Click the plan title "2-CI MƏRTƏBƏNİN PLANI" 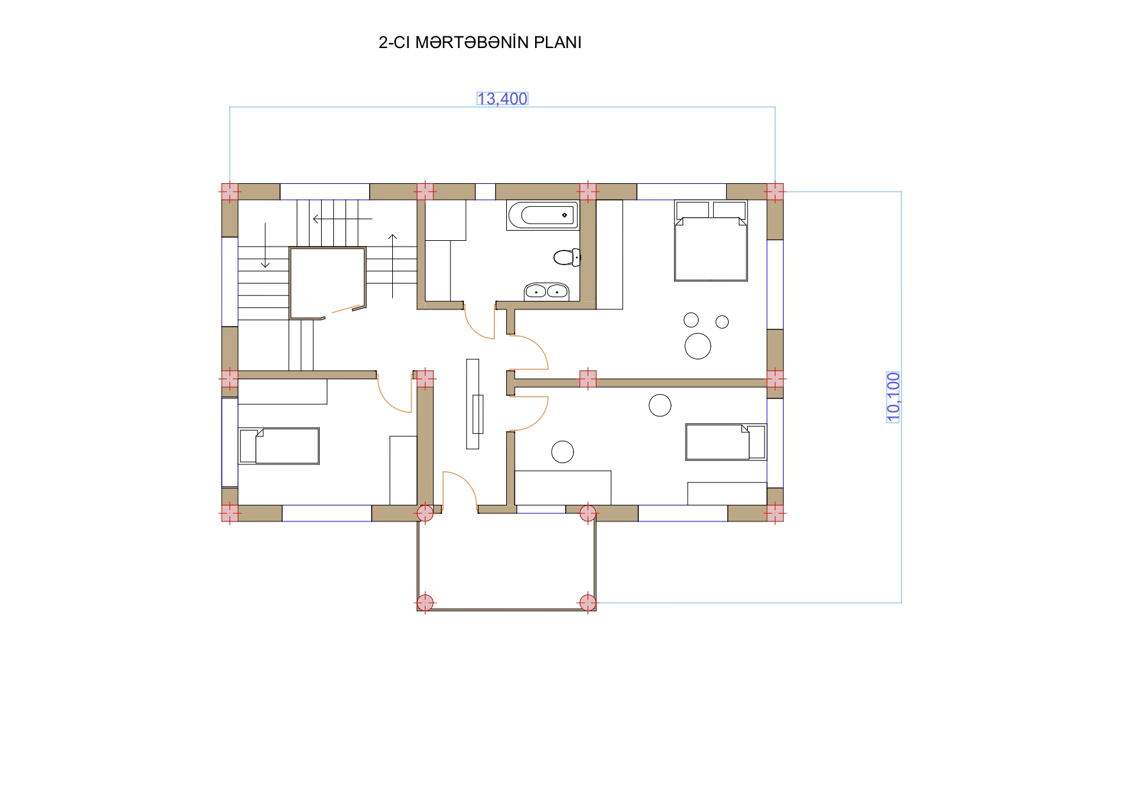(480, 42)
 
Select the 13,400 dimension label (502, 99)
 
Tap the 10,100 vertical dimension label (893, 397)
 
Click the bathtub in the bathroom (542, 215)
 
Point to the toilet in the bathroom (567, 258)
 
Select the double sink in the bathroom (547, 291)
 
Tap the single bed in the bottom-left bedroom (279, 446)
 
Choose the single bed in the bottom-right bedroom (725, 442)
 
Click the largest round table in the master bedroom (698, 346)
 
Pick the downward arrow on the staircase (265, 245)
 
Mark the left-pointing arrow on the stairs (342, 219)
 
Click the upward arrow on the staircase (393, 266)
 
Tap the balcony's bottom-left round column (425, 603)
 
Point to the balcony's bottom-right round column (588, 603)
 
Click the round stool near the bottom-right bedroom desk (563, 452)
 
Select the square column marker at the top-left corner (229, 192)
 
